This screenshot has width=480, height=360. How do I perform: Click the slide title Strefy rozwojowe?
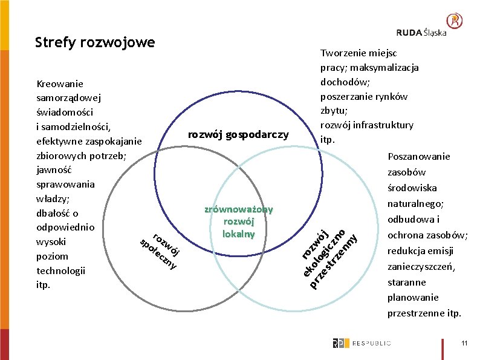coord(95,42)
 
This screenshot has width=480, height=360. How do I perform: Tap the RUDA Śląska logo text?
coord(421,32)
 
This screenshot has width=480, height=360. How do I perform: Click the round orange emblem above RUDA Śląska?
coord(455,21)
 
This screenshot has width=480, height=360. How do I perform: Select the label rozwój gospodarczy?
coord(238,134)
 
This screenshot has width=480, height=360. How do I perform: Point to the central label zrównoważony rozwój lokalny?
coord(238,221)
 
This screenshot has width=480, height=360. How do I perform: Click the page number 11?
coord(464,343)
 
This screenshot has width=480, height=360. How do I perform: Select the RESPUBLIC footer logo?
coord(362,343)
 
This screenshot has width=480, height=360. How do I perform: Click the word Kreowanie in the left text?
coord(60,83)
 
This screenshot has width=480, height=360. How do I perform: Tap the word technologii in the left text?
coord(61,270)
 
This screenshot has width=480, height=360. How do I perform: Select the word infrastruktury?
coord(383,125)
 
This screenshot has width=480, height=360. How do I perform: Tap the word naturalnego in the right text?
coord(416,204)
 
